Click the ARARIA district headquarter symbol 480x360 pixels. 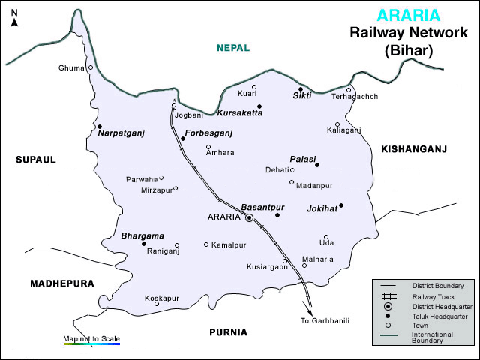(x=250, y=217)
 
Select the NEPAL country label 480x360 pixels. (x=233, y=48)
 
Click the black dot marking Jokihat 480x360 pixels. (x=340, y=205)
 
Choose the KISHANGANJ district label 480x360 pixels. (x=414, y=149)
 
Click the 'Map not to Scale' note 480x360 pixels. (x=91, y=339)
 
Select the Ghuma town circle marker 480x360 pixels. (x=91, y=67)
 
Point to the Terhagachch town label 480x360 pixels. (x=355, y=97)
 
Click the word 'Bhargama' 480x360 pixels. (x=142, y=235)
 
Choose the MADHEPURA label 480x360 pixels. (x=61, y=283)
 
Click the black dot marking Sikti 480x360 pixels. (x=301, y=88)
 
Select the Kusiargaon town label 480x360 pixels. (x=267, y=267)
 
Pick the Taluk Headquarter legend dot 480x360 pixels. (x=388, y=316)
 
